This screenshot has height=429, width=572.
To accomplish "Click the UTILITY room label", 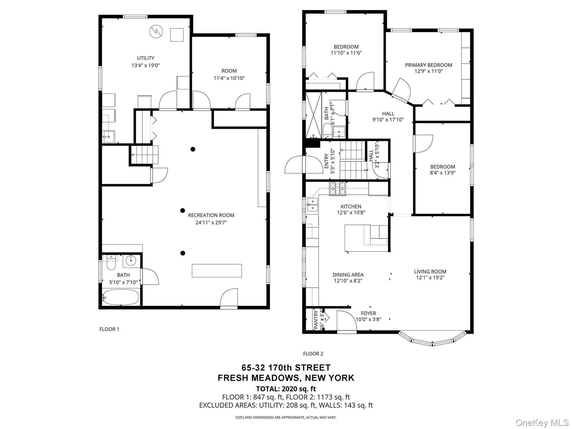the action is [146, 58].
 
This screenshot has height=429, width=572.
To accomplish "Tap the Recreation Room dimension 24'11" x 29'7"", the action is [211, 223].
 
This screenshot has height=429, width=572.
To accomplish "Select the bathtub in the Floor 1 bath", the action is [121, 298].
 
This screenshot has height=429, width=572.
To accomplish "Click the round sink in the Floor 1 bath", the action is [131, 261].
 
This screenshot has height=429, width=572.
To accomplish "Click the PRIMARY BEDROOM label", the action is [429, 65].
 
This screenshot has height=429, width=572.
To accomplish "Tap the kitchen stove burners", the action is [338, 189].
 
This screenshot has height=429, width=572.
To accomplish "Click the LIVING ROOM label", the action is [430, 271].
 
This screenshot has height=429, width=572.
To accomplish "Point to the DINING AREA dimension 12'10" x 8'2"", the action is [348, 281].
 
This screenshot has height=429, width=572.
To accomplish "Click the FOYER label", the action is [368, 313].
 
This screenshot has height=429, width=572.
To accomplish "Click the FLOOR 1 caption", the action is [109, 329].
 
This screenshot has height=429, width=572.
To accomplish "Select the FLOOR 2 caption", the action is [313, 354].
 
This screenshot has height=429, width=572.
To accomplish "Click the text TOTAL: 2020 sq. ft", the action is [286, 389].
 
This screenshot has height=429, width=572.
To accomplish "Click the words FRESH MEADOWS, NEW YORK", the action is [286, 378].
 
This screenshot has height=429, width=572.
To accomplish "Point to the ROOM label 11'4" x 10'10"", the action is [229, 75].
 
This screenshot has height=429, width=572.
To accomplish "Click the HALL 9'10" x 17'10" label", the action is [388, 117].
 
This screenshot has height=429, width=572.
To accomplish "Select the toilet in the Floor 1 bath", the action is [111, 263].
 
